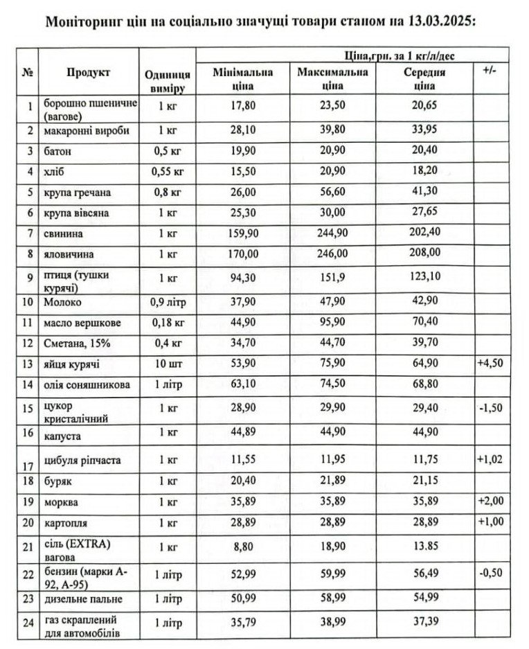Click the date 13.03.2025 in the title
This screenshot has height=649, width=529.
440,21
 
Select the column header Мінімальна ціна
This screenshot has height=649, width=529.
243,79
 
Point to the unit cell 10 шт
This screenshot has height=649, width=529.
168,364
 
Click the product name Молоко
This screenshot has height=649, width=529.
61,302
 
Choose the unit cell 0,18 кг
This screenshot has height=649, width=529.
168,322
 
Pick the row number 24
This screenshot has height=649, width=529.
28,622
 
